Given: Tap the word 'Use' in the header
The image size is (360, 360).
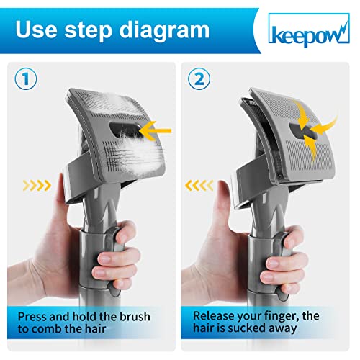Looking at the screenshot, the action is [x=37, y=29].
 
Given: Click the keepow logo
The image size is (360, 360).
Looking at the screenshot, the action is [x=309, y=30].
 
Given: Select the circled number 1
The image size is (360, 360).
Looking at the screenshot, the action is [x=26, y=78].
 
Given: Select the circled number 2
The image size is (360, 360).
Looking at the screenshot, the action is [x=199, y=78].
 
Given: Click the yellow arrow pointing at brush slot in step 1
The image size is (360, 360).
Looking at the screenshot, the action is [x=156, y=131].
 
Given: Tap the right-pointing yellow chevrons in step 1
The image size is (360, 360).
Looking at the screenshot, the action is [x=37, y=186].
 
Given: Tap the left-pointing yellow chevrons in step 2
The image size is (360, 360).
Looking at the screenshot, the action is [x=199, y=186].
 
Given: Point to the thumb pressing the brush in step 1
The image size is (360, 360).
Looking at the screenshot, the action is [x=60, y=192].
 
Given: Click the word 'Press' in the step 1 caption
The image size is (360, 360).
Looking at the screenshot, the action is [x=32, y=317].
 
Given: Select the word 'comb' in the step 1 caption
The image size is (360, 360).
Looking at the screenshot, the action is [x=46, y=328].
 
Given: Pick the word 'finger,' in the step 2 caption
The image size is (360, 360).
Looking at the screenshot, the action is [x=280, y=317].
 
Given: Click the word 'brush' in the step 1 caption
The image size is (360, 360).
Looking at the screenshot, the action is [x=135, y=317].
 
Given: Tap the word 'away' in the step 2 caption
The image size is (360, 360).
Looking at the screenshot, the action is [x=282, y=329].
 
